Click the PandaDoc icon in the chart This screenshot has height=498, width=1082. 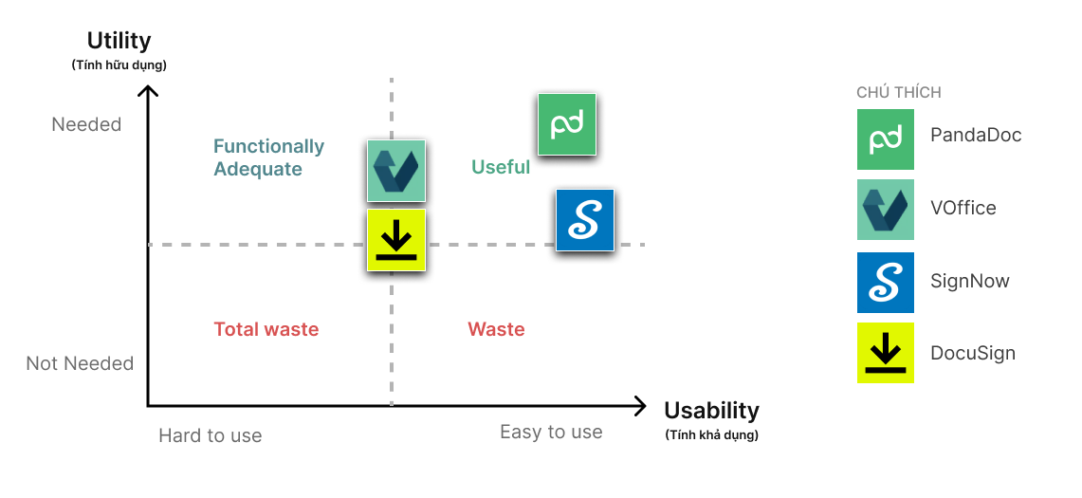(566, 124)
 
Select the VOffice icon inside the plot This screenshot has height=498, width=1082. (396, 171)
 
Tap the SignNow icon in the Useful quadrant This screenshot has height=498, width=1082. (584, 220)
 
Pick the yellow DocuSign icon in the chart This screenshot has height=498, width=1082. (396, 240)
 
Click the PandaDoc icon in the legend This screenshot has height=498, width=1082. (885, 138)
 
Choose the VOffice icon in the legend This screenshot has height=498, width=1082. (885, 209)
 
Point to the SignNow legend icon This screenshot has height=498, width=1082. (885, 282)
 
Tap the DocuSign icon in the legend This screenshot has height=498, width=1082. (885, 353)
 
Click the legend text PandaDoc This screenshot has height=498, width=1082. (976, 135)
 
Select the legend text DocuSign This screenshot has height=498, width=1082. (972, 353)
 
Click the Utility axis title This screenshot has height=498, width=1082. (119, 41)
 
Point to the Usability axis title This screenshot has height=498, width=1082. (711, 411)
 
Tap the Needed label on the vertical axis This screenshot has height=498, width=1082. (86, 124)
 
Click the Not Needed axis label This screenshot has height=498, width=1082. (80, 363)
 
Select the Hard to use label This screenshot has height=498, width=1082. (210, 435)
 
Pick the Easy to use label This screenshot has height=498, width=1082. (551, 433)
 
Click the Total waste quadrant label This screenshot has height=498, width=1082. (266, 329)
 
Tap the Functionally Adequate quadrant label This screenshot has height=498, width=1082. (268, 157)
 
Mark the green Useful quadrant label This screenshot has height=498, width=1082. (500, 167)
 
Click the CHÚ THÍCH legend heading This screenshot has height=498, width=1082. (898, 92)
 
